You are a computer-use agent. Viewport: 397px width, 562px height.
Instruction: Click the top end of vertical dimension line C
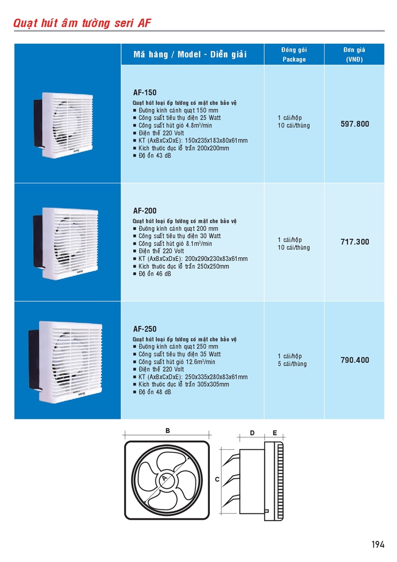(221, 448)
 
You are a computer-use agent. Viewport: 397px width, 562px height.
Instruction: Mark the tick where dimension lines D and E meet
(265, 437)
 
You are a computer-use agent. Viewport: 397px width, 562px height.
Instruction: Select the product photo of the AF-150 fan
(64, 125)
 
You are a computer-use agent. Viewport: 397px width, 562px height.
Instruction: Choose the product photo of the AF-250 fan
(65, 361)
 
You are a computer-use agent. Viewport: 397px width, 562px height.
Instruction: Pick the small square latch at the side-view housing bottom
(266, 511)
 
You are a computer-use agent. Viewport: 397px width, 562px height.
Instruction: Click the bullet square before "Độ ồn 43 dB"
(134, 156)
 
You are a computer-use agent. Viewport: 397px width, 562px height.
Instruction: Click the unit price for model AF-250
(355, 360)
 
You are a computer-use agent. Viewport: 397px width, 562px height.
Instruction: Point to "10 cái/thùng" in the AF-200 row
(294, 248)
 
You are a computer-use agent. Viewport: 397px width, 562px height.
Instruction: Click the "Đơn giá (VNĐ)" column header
(354, 55)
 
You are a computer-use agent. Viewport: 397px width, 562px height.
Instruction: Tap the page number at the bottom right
(378, 545)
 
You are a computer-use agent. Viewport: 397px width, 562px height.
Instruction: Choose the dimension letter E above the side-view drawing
(275, 433)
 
